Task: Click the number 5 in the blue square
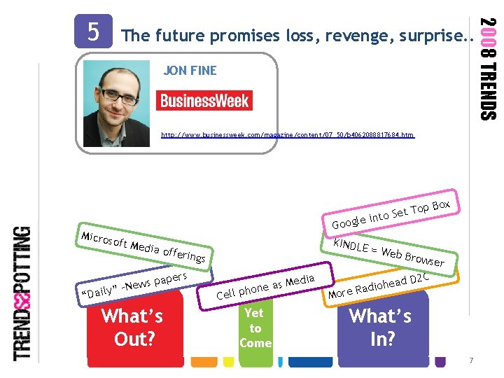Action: coord(93,31)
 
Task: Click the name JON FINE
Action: coord(190,71)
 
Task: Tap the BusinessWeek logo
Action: coord(204,100)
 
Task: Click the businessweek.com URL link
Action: coord(288,134)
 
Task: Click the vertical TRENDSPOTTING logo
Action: coord(23,293)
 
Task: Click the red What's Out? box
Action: coord(132,328)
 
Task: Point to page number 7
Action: coord(472,360)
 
